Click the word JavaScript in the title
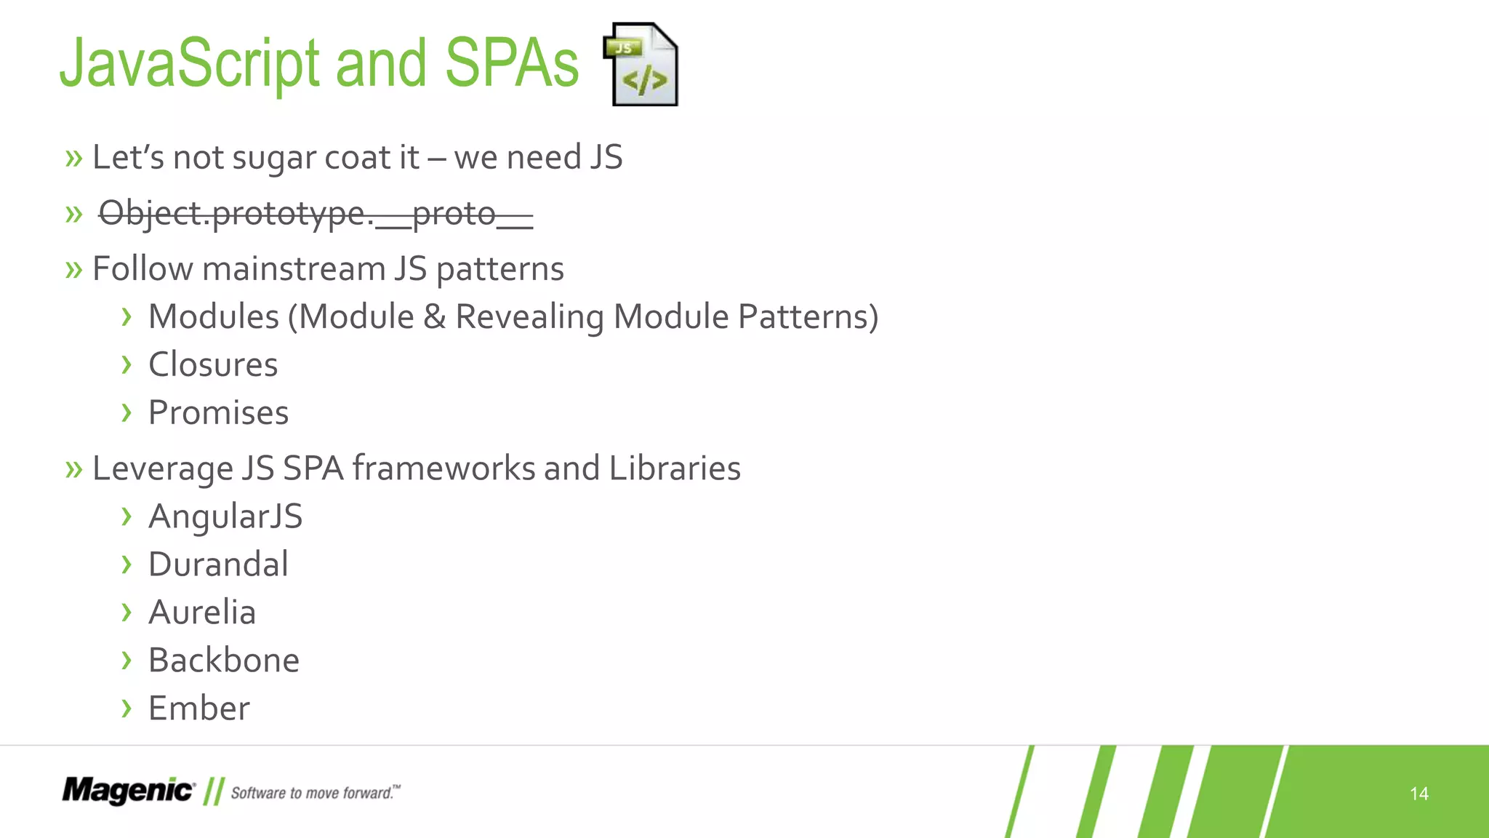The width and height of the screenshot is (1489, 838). click(190, 64)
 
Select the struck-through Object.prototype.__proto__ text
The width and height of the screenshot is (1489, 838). click(316, 214)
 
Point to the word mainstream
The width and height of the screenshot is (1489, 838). click(294, 269)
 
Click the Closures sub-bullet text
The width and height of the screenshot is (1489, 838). click(213, 365)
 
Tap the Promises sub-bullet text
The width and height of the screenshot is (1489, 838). click(218, 413)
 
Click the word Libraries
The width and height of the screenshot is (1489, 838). click(675, 468)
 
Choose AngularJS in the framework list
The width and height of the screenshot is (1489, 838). click(225, 517)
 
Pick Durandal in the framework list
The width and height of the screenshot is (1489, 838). click(218, 564)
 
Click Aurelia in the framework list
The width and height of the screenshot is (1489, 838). click(202, 612)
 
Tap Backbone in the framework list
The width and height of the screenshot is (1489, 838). click(224, 661)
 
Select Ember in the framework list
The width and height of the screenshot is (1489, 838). click(199, 709)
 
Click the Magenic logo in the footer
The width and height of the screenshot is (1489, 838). click(128, 791)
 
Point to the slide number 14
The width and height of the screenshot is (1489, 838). click(1418, 794)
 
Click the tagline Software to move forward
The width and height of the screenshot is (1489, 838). click(315, 793)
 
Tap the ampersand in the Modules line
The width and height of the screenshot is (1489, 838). click(435, 317)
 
